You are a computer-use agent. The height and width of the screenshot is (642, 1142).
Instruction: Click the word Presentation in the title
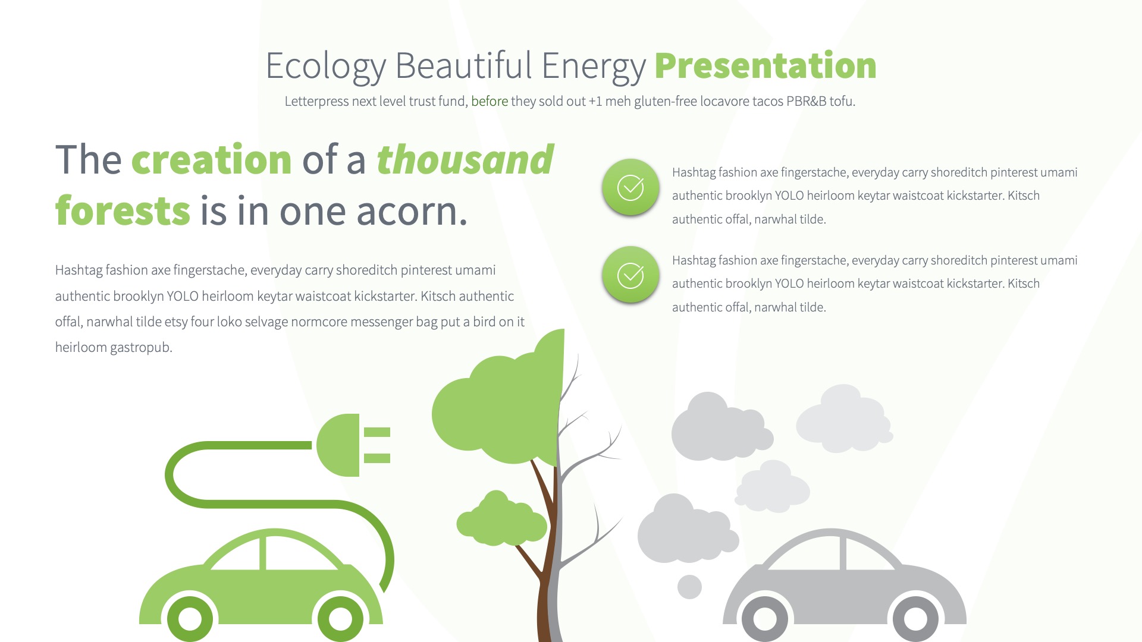tap(765, 65)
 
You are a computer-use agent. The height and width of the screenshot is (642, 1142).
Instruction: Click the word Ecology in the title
tap(325, 67)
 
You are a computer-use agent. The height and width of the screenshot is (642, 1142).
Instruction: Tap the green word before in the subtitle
tap(489, 102)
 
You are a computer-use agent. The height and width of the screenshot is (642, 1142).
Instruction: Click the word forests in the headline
tap(123, 211)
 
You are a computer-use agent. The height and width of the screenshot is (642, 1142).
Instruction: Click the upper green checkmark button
tap(630, 188)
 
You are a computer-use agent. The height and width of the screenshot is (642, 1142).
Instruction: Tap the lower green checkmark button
tap(630, 275)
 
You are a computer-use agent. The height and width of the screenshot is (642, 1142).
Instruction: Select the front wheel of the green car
tap(341, 618)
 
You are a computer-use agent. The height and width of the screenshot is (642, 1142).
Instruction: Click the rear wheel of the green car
tap(190, 618)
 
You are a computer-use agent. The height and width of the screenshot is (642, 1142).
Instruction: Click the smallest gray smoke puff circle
tap(689, 587)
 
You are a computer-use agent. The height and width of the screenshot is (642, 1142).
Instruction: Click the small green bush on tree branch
tap(501, 520)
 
